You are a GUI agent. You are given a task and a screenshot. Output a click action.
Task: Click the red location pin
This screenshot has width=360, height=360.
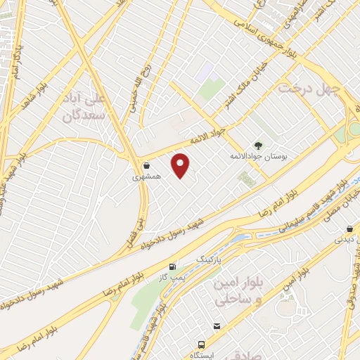[182, 165]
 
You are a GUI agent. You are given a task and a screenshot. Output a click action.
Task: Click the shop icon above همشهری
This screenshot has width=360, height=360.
[146, 166]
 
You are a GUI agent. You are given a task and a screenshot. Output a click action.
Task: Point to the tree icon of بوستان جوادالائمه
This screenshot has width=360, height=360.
[257, 145]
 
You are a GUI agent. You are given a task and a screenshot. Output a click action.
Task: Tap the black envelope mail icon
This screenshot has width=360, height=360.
[217, 327]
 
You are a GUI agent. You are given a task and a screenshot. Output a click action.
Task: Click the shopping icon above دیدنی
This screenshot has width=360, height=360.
[350, 228]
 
